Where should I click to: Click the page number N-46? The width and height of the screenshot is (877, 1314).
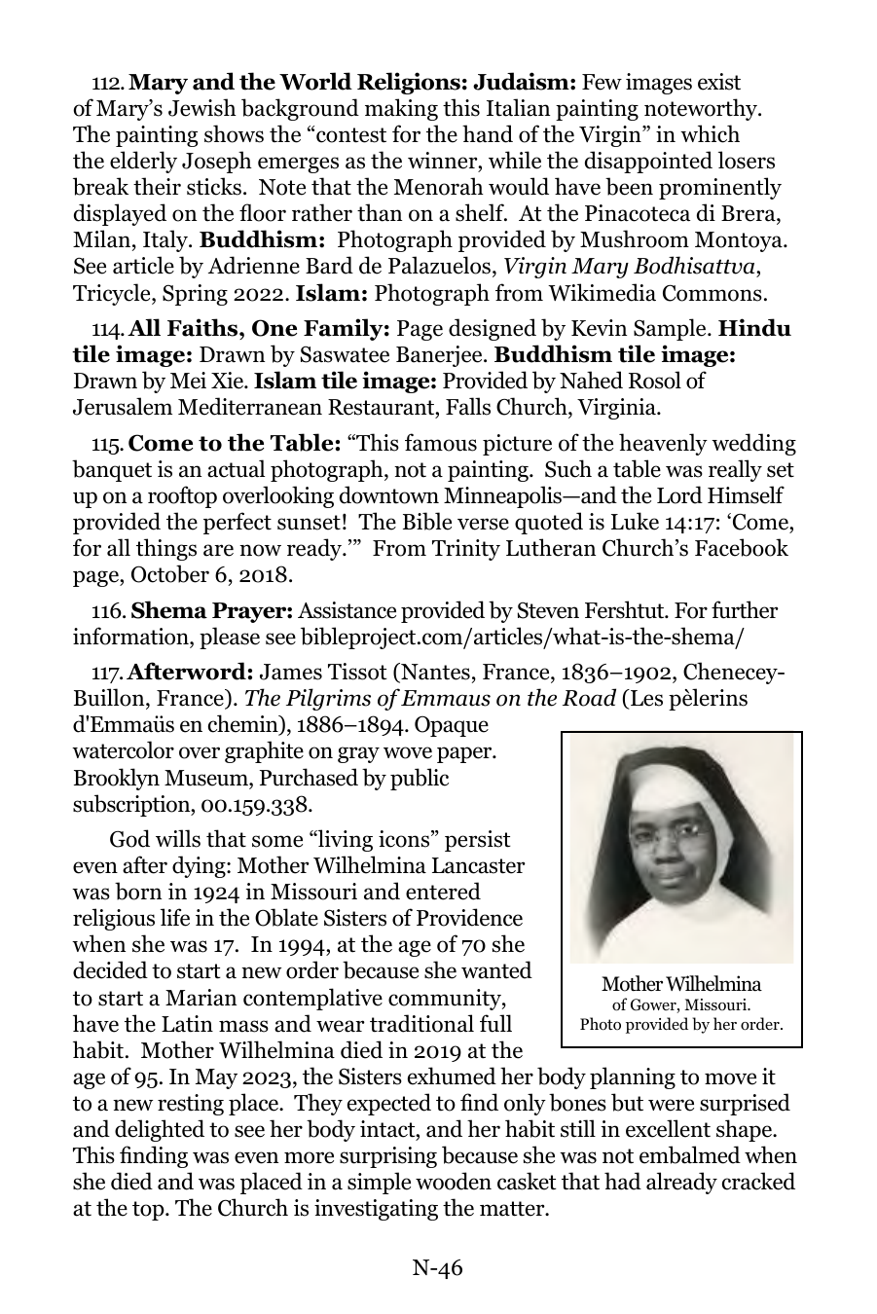point(437,1267)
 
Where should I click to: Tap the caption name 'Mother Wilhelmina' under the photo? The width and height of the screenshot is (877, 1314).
point(681,984)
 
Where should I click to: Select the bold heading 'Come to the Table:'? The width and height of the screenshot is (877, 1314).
point(234,445)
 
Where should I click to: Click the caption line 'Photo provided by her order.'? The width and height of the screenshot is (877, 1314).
point(681,1024)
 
